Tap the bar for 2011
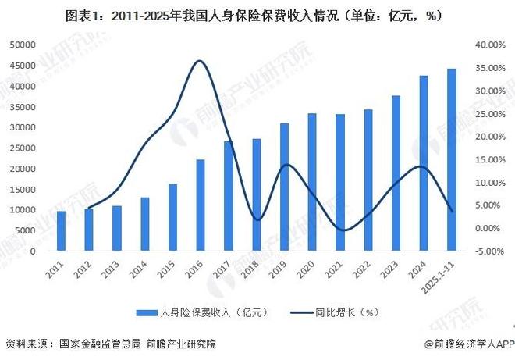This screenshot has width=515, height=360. coord(61,231)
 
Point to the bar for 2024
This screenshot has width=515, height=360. coord(424,163)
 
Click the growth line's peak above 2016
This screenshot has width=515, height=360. coord(200,61)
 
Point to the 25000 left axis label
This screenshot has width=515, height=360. coord(23,148)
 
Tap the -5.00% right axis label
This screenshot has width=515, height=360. coord(492,251)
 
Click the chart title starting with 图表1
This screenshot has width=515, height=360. coord(257,13)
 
